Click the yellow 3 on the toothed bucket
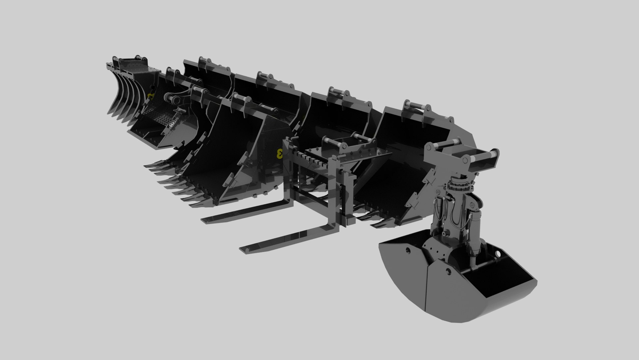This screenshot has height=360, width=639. (x=280, y=154)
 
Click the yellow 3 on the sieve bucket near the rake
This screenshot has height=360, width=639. (x=151, y=97)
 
